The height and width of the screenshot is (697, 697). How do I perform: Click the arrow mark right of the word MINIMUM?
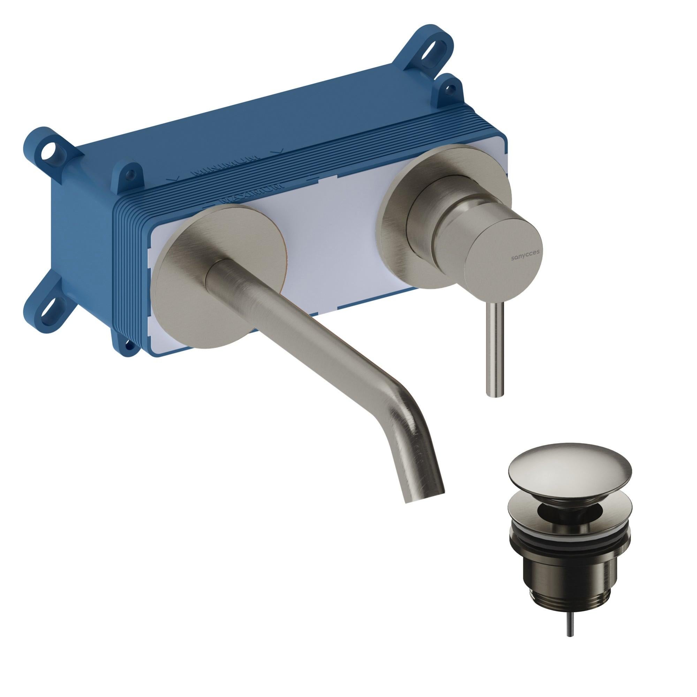[278, 152]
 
